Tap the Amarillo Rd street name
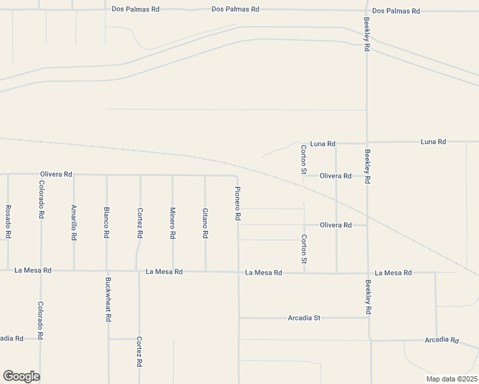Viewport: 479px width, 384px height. [74, 222]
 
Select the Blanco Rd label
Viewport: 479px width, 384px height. [107, 222]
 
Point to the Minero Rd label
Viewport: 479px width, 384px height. [173, 222]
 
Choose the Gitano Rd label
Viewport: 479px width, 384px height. [206, 222]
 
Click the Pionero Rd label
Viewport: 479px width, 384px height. [238, 204]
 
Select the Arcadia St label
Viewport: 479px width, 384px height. [304, 317]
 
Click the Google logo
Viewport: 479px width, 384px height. [21, 376]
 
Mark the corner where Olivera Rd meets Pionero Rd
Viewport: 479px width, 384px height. [237, 175]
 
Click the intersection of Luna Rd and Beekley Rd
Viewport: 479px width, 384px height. [367, 143]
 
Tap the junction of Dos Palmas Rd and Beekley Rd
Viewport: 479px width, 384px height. [366, 11]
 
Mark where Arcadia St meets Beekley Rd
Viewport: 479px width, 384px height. [368, 317]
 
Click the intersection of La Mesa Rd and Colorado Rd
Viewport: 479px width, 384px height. [41, 271]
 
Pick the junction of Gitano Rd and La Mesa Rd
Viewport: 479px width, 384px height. [206, 271]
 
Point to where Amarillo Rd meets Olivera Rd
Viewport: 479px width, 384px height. [74, 175]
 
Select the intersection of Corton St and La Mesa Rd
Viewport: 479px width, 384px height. [304, 273]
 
